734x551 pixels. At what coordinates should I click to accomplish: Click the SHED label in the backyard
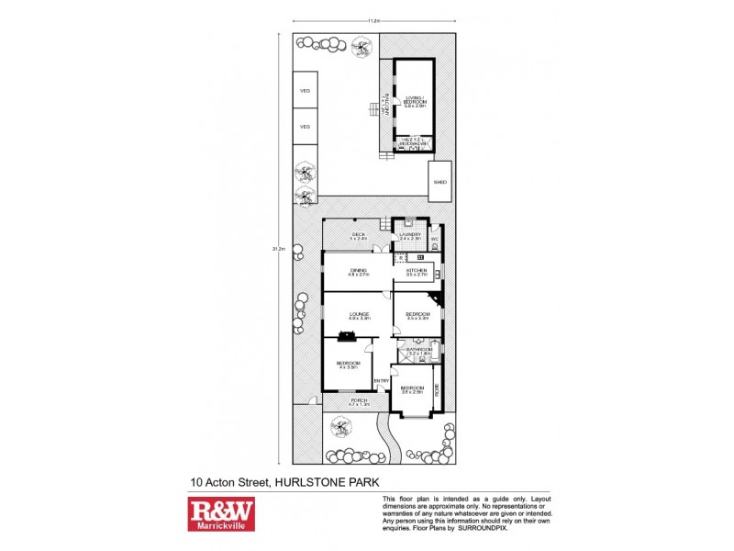[x=439, y=183]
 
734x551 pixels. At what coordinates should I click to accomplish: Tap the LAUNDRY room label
[x=409, y=235]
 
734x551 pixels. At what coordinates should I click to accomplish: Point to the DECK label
[x=359, y=235]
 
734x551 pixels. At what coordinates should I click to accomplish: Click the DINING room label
[x=358, y=271]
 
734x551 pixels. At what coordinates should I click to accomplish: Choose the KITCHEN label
[x=417, y=271]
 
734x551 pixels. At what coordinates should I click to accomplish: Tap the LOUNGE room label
[x=359, y=315]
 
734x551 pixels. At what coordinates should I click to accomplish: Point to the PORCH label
[x=359, y=401]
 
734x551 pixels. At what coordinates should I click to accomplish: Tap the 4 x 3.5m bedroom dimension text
[x=346, y=366]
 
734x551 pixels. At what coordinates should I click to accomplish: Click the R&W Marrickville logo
[x=221, y=512]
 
